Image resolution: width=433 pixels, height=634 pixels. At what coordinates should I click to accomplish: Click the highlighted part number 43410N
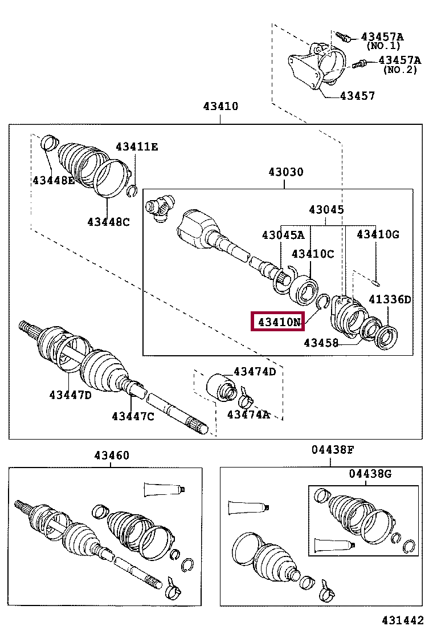click(x=279, y=322)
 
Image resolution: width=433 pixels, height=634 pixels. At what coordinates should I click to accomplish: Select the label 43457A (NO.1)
click(x=382, y=41)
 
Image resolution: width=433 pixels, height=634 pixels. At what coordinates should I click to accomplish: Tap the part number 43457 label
click(x=357, y=96)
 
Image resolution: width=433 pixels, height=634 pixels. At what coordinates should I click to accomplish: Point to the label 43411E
click(x=137, y=147)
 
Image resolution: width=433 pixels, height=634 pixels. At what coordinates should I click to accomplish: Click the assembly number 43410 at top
click(x=220, y=107)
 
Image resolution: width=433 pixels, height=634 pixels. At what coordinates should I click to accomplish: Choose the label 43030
click(x=285, y=172)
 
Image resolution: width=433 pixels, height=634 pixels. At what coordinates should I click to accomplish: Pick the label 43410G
click(x=378, y=234)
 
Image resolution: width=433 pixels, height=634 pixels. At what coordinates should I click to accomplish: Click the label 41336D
click(x=390, y=299)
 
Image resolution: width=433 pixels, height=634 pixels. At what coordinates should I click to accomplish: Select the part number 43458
click(x=321, y=343)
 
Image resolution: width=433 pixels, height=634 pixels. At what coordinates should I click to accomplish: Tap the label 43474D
click(x=255, y=372)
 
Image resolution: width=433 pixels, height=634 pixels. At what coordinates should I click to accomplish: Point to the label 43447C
click(x=133, y=416)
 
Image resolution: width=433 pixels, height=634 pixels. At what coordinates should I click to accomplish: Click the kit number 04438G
click(x=370, y=473)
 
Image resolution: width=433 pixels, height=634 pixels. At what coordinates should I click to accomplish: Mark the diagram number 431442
click(x=403, y=620)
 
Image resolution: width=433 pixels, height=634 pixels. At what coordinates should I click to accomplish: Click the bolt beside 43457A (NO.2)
click(x=359, y=64)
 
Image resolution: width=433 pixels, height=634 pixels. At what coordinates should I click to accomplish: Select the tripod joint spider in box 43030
click(x=161, y=208)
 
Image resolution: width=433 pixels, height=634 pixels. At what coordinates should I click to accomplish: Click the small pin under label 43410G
click(x=375, y=282)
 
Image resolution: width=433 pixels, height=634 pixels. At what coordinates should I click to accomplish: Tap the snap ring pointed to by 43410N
click(x=323, y=302)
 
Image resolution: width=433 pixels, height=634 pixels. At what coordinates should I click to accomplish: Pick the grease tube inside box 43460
click(x=165, y=489)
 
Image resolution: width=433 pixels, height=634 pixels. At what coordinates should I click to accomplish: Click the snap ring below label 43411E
click(x=132, y=191)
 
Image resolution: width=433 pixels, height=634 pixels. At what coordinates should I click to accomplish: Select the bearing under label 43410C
click(x=304, y=290)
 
